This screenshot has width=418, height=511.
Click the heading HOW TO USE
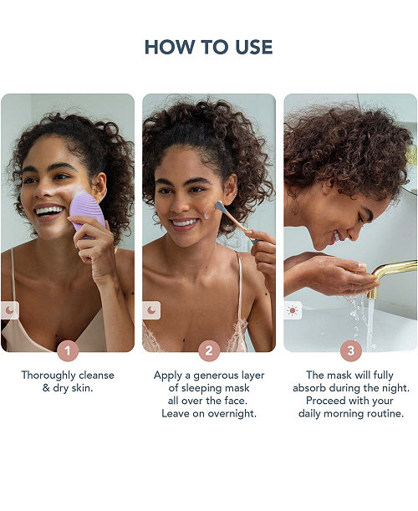208,47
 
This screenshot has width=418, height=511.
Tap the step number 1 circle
68,350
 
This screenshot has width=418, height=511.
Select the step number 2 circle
209,350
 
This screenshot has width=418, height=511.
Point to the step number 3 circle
350,350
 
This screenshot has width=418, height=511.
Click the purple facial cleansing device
87,211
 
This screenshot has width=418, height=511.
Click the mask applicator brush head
220,207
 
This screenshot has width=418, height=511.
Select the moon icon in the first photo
10,310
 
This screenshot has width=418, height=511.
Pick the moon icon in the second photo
151,310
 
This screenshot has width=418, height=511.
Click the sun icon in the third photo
293,310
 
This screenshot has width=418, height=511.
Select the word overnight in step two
232,414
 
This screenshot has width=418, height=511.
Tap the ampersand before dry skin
46,388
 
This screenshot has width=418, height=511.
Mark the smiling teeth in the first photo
49,211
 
